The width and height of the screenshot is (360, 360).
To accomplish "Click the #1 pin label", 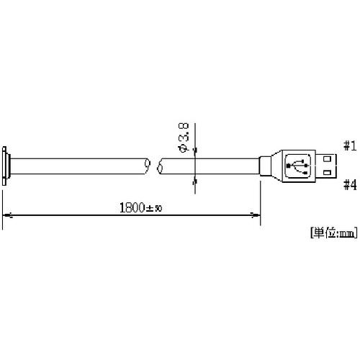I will pos(350,146).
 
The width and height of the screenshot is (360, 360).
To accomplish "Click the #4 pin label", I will pos(350,185).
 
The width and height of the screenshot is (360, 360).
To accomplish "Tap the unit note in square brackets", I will pos(333,233).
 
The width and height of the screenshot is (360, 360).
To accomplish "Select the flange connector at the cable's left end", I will pos(6,166).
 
